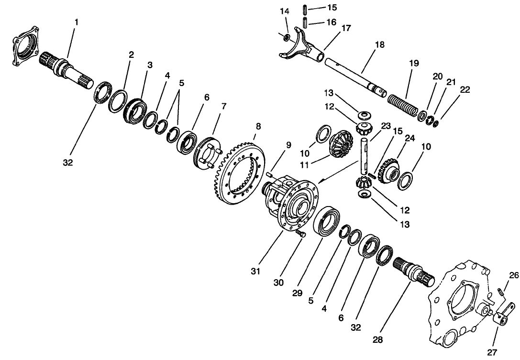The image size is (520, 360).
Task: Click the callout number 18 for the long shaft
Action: click(x=379, y=44)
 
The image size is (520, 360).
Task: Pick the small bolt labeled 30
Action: click(x=300, y=233)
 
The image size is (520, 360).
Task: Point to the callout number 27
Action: click(x=491, y=352)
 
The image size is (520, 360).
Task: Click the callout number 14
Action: click(x=285, y=11)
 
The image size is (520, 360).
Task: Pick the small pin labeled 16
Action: click(x=304, y=22)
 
